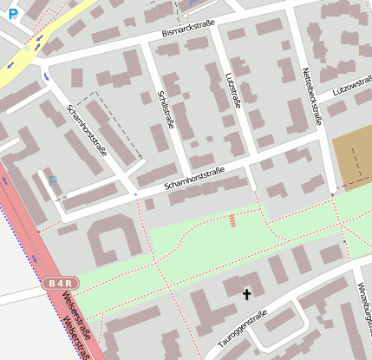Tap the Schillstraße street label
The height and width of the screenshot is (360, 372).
[165, 108]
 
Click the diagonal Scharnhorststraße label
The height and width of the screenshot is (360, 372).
[87, 129]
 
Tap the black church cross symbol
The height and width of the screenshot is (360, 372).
[246, 294]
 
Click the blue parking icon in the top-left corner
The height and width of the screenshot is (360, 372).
[10, 13]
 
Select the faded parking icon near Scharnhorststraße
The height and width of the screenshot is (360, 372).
[53, 181]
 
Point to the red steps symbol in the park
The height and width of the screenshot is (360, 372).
[232, 220]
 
